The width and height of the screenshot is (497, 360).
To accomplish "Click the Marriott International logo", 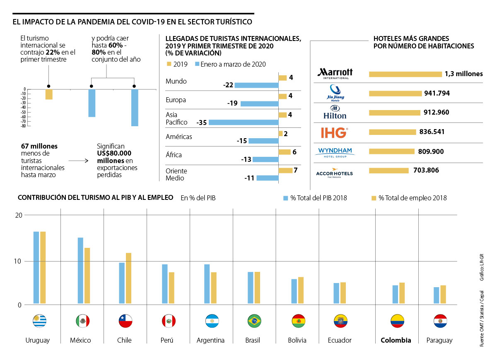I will click(x=335, y=73).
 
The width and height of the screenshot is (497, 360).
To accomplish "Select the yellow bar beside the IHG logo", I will click(x=392, y=132).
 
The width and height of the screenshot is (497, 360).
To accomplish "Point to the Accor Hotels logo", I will click(x=334, y=171).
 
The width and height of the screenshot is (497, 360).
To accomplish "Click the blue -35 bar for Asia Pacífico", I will click(x=244, y=122).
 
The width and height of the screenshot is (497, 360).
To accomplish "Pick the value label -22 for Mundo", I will click(x=228, y=85).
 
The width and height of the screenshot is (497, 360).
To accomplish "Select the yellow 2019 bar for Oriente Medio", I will click(x=285, y=170).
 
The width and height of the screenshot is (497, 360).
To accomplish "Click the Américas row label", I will click(x=179, y=137).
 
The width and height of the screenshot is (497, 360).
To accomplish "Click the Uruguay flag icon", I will click(x=39, y=321).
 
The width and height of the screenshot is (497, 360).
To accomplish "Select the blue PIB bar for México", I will click(x=80, y=271).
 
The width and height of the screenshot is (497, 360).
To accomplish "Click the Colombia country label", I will click(x=396, y=340).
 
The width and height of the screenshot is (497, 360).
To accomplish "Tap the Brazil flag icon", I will click(x=254, y=321).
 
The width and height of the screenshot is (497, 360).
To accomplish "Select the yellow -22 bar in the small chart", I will click(x=49, y=94).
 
